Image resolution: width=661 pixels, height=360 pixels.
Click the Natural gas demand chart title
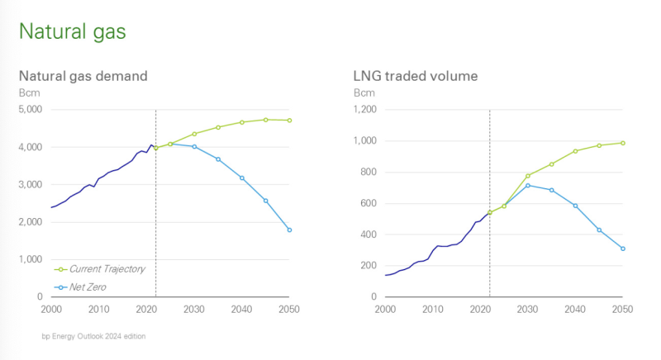[83, 76]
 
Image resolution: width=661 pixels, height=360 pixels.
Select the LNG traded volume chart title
[415, 76]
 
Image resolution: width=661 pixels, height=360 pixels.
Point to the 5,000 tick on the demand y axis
[31, 109]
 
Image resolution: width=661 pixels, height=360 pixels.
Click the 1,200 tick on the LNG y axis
[364, 109]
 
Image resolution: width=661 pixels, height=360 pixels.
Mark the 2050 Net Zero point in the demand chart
[289, 230]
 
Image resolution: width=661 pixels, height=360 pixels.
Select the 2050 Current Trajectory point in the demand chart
[289, 121]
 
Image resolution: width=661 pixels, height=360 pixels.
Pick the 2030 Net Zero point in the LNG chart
[528, 185]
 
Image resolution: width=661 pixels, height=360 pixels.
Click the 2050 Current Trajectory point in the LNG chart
[623, 143]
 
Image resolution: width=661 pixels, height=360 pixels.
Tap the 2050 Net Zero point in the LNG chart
[623, 249]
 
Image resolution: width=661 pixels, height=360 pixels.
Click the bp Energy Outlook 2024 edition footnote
[93, 336]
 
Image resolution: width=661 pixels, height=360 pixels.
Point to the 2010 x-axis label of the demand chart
[99, 309]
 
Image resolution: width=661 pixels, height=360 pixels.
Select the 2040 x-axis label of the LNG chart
[575, 309]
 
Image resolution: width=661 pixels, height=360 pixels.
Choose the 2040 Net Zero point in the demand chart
[242, 178]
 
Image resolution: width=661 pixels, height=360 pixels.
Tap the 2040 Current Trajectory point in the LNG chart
[575, 151]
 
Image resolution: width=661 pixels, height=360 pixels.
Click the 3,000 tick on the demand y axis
[31, 184]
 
